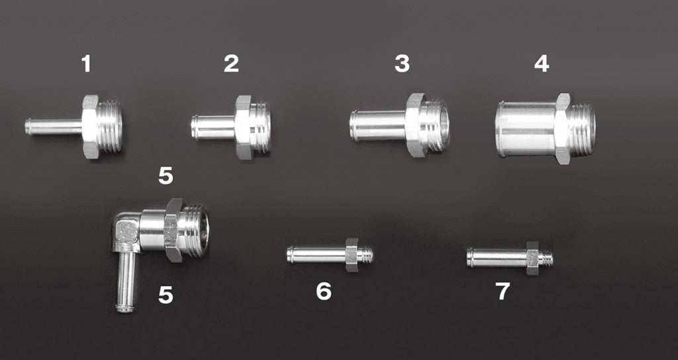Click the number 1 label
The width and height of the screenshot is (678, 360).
pyautogui.click(x=86, y=64)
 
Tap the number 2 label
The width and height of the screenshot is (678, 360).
pyautogui.click(x=231, y=64)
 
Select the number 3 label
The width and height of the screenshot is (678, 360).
pyautogui.click(x=402, y=64)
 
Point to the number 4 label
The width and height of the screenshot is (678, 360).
pyautogui.click(x=542, y=64)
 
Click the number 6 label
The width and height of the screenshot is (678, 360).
pyautogui.click(x=324, y=291)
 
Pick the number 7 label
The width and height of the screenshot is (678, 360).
pyautogui.click(x=503, y=291)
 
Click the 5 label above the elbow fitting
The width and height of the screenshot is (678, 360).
pyautogui.click(x=166, y=176)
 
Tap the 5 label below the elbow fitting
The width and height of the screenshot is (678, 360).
pyautogui.click(x=166, y=294)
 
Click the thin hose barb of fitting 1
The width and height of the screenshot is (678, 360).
pyautogui.click(x=54, y=126)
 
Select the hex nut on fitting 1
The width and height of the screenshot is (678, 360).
pyautogui.click(x=90, y=126)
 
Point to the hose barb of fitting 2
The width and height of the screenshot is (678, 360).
pyautogui.click(x=213, y=128)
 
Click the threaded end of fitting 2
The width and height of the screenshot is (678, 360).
pyautogui.click(x=261, y=127)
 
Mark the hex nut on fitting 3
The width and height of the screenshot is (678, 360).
pyautogui.click(x=415, y=125)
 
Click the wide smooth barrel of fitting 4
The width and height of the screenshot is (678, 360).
pyautogui.click(x=525, y=129)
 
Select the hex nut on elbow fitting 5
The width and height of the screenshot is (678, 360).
pyautogui.click(x=173, y=230)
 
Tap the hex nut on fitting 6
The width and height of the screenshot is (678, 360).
pyautogui.click(x=352, y=255)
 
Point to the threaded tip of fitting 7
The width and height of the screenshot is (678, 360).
pyautogui.click(x=546, y=258)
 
